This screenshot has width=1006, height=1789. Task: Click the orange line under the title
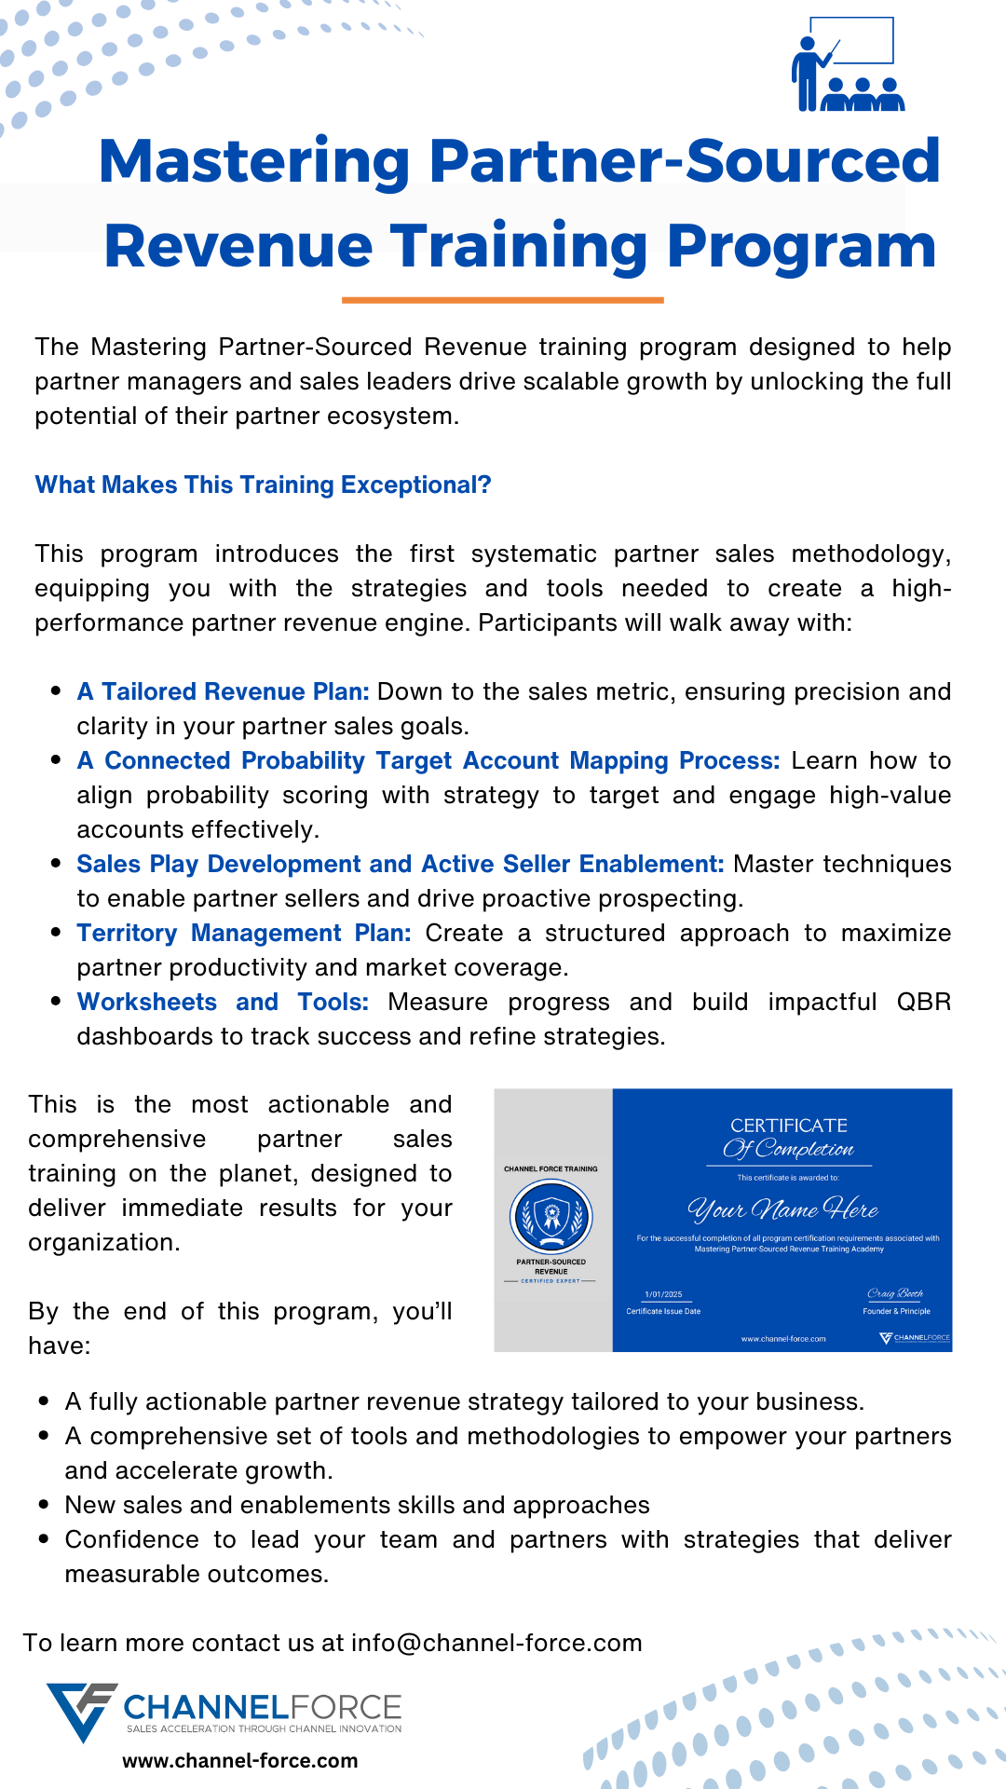[502, 300]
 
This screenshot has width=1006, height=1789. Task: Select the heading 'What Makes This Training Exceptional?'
[263, 485]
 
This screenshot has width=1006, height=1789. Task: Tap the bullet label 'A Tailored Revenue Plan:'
[223, 691]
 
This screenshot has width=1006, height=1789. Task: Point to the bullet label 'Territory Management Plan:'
[243, 933]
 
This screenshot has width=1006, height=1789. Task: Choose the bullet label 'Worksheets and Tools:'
[223, 1002]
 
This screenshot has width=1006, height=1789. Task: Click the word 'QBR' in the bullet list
[923, 1002]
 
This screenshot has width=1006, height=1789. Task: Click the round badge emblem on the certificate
[551, 1216]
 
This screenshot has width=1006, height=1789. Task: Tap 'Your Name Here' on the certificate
[783, 1209]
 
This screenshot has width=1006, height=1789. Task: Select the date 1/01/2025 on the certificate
[663, 1294]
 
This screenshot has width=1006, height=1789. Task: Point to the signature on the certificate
[895, 1293]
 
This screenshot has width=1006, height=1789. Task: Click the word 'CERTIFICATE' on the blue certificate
[789, 1126]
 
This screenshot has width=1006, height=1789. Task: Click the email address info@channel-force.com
[496, 1643]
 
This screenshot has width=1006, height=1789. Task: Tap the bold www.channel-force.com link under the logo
[240, 1761]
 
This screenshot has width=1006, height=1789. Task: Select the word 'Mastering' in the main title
[254, 161]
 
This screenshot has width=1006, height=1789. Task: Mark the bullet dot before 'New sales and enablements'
[44, 1505]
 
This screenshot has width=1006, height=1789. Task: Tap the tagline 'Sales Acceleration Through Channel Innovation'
[264, 1728]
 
